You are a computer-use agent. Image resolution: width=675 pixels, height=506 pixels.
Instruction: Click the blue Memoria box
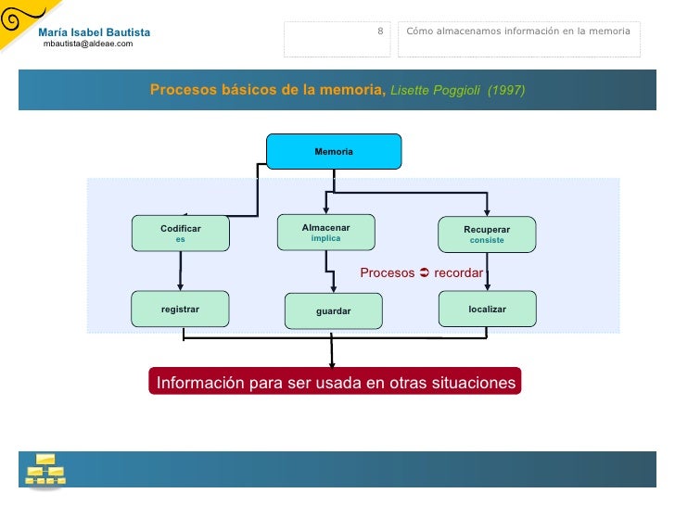point(334,151)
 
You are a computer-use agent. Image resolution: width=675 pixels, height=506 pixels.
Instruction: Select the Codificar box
point(181,234)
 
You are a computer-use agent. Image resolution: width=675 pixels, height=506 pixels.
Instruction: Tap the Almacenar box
point(325,233)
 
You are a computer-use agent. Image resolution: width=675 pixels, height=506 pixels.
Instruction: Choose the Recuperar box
point(487,234)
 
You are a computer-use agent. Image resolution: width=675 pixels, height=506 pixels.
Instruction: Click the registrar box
point(181,309)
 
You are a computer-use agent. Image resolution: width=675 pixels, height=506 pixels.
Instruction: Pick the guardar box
point(333,311)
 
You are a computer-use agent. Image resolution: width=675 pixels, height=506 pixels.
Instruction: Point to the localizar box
point(487,309)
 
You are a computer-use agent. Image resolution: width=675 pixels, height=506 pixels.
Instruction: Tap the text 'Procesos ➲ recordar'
point(421,273)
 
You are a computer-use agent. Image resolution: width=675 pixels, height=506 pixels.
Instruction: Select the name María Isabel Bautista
point(94,32)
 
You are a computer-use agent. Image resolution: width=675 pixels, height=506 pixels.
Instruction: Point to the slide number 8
point(380,32)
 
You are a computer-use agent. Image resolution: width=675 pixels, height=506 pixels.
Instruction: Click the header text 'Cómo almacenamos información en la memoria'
point(518,32)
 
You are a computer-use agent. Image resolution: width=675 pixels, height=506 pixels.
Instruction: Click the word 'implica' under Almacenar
point(325,238)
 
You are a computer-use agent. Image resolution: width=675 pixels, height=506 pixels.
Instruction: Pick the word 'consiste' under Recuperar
point(487,240)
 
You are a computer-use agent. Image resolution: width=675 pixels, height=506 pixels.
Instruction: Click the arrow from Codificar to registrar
point(181,272)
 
